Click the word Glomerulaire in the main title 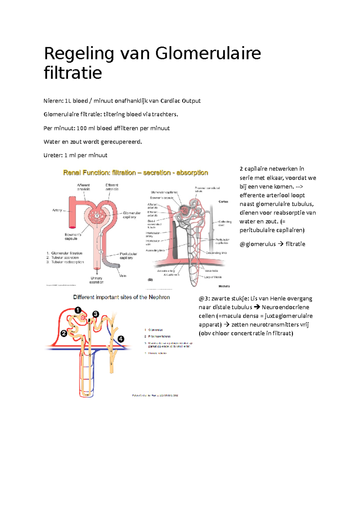pyautogui.click(x=208, y=54)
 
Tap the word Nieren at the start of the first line pyautogui.click(x=53, y=101)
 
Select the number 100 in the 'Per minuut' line pyautogui.click(x=82, y=128)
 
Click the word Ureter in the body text pyautogui.click(x=53, y=155)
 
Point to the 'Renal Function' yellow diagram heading pyautogui.click(x=135, y=173)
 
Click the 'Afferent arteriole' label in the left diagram pyautogui.click(x=83, y=187)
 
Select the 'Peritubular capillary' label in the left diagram pyautogui.click(x=128, y=256)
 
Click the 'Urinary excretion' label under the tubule pyautogui.click(x=96, y=280)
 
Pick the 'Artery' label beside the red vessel pyautogui.click(x=57, y=210)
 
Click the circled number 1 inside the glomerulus pyautogui.click(x=97, y=216)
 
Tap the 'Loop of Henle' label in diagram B pyautogui.click(x=213, y=277)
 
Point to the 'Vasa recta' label pyautogui.click(x=211, y=271)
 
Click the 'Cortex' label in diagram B pyautogui.click(x=223, y=202)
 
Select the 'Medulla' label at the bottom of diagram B pyautogui.click(x=224, y=286)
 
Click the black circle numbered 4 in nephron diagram pyautogui.click(x=121, y=339)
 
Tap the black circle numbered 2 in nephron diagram pyautogui.click(x=64, y=333)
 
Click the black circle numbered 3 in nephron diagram pyautogui.click(x=95, y=314)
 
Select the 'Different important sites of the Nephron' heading pyautogui.click(x=121, y=297)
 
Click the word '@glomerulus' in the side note pyautogui.click(x=257, y=244)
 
